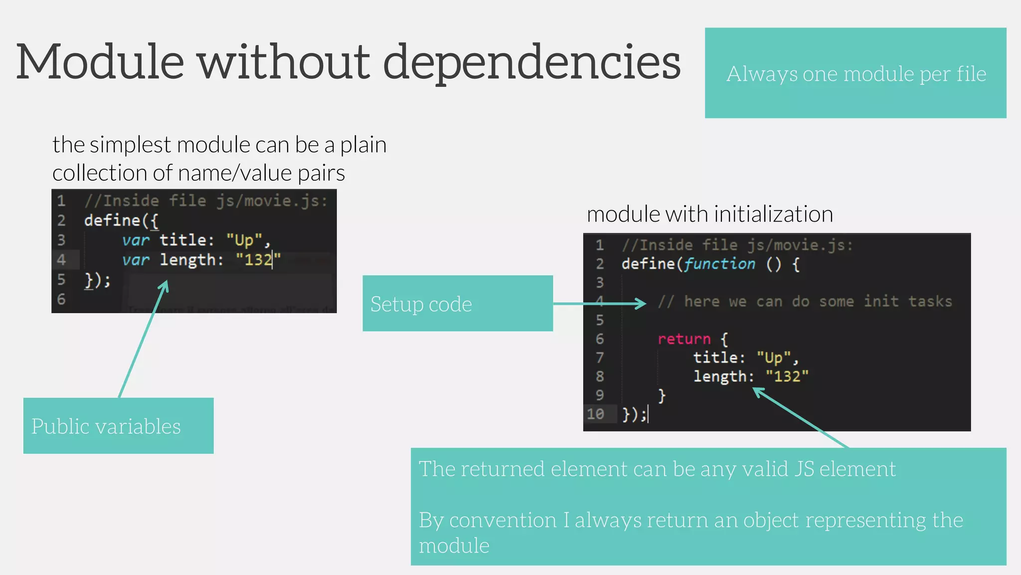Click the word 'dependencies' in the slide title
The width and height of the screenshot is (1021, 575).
(x=531, y=63)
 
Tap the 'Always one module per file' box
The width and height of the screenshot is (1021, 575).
(x=855, y=73)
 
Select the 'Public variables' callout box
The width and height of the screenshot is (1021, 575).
(x=118, y=426)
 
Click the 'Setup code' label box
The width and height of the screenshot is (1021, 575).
(x=457, y=303)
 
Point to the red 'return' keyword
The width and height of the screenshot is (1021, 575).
(x=683, y=339)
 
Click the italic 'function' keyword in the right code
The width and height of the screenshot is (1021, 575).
(x=719, y=264)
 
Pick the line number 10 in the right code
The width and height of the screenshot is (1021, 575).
(x=595, y=414)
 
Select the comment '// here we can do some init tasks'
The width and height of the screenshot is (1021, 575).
(x=805, y=301)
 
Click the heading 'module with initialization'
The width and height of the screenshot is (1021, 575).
(x=709, y=214)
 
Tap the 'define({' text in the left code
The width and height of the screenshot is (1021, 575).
(x=121, y=220)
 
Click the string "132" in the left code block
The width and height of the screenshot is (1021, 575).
(x=258, y=260)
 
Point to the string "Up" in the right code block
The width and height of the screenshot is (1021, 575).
(x=774, y=357)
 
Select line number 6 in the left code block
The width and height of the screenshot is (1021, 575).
(x=61, y=299)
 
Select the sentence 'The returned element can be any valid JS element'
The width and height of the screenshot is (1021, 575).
(x=657, y=469)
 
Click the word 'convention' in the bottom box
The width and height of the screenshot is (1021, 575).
(x=503, y=520)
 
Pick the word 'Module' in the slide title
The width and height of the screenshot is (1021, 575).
(x=100, y=62)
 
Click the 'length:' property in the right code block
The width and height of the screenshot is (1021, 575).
(x=724, y=376)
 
